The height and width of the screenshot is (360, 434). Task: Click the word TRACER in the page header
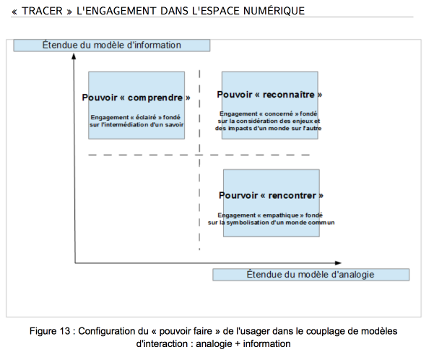pyautogui.click(x=43, y=11)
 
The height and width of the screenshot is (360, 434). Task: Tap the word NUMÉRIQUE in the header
pyautogui.click(x=274, y=11)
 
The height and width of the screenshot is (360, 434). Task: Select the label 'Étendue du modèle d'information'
pyautogui.click(x=111, y=45)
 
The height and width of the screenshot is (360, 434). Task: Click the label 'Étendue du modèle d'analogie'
pyautogui.click(x=311, y=275)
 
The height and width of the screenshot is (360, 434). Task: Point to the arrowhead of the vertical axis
pyautogui.click(x=74, y=56)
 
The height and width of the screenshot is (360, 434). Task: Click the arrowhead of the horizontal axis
pyautogui.click(x=338, y=262)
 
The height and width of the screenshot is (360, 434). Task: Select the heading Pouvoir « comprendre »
pyautogui.click(x=136, y=98)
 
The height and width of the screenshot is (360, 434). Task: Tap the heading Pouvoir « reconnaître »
pyautogui.click(x=269, y=95)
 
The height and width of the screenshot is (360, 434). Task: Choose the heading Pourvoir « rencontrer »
pyautogui.click(x=271, y=195)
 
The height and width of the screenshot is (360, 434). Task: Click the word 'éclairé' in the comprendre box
pyautogui.click(x=146, y=117)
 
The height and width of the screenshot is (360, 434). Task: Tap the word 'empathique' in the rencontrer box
pyautogui.click(x=280, y=215)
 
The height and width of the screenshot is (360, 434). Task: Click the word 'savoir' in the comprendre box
pyautogui.click(x=174, y=125)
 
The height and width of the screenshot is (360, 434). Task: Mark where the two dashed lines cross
pyautogui.click(x=199, y=155)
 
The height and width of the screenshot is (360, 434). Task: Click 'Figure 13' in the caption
pyautogui.click(x=50, y=331)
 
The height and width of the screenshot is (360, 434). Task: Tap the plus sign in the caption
pyautogui.click(x=238, y=344)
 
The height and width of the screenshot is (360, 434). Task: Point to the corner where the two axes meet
pyautogui.click(x=75, y=262)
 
